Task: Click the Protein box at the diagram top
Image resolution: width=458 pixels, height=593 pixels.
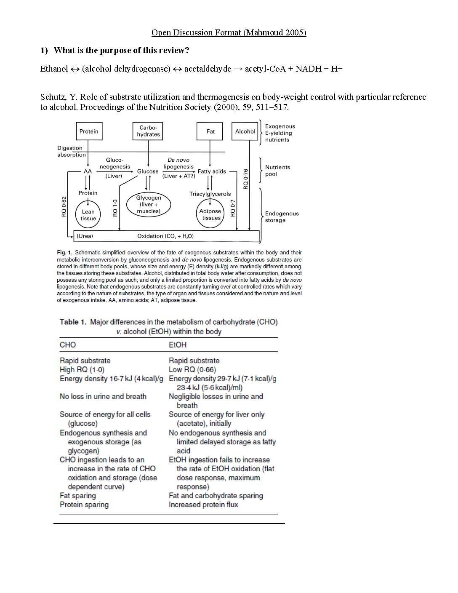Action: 89,131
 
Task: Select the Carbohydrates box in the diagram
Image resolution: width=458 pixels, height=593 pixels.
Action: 148,131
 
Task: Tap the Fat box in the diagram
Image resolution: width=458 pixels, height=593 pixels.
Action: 210,131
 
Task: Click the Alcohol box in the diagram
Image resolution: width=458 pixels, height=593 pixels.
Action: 245,131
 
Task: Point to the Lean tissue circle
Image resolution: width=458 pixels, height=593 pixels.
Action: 88,215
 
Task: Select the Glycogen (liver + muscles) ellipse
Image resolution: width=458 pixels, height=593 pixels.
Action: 148,204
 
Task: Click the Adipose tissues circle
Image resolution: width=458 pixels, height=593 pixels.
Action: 210,214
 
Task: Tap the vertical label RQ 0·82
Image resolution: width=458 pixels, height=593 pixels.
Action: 64,206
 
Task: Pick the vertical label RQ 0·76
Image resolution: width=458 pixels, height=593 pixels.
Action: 246,179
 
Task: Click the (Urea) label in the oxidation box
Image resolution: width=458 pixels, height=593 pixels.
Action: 85,236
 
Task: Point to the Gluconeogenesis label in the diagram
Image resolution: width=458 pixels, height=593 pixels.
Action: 114,163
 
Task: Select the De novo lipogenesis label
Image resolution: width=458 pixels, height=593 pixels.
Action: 178,163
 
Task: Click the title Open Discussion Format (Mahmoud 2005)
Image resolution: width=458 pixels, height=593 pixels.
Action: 229,32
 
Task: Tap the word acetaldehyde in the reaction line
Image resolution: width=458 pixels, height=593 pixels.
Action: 208,69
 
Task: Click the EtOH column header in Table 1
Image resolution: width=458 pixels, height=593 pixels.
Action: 177,345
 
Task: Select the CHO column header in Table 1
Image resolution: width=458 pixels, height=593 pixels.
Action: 68,345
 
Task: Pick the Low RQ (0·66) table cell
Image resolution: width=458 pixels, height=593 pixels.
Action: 192,370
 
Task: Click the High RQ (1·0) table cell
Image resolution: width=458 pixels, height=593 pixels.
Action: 82,370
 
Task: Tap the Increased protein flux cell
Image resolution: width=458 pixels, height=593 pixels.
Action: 203,505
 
